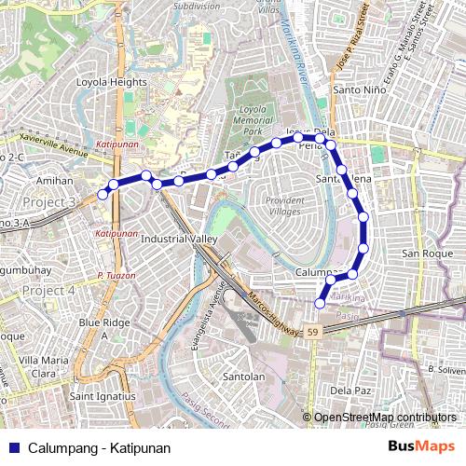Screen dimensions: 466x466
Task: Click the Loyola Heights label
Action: point(112,82)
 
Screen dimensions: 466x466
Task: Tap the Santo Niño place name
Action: point(354,89)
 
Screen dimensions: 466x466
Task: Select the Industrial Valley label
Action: point(178,240)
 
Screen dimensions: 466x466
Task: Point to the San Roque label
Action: point(426,254)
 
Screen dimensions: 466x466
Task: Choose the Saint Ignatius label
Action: point(103,396)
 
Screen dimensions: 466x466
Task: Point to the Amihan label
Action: point(54,180)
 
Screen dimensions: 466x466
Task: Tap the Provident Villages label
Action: point(283,206)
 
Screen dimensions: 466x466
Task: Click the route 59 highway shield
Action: point(312,331)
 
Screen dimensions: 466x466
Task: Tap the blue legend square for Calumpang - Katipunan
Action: point(13,448)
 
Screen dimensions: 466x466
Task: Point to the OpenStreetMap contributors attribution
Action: point(385,418)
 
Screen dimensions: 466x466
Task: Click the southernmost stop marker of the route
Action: point(321,303)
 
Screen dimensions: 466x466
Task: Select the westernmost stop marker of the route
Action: point(103,195)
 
